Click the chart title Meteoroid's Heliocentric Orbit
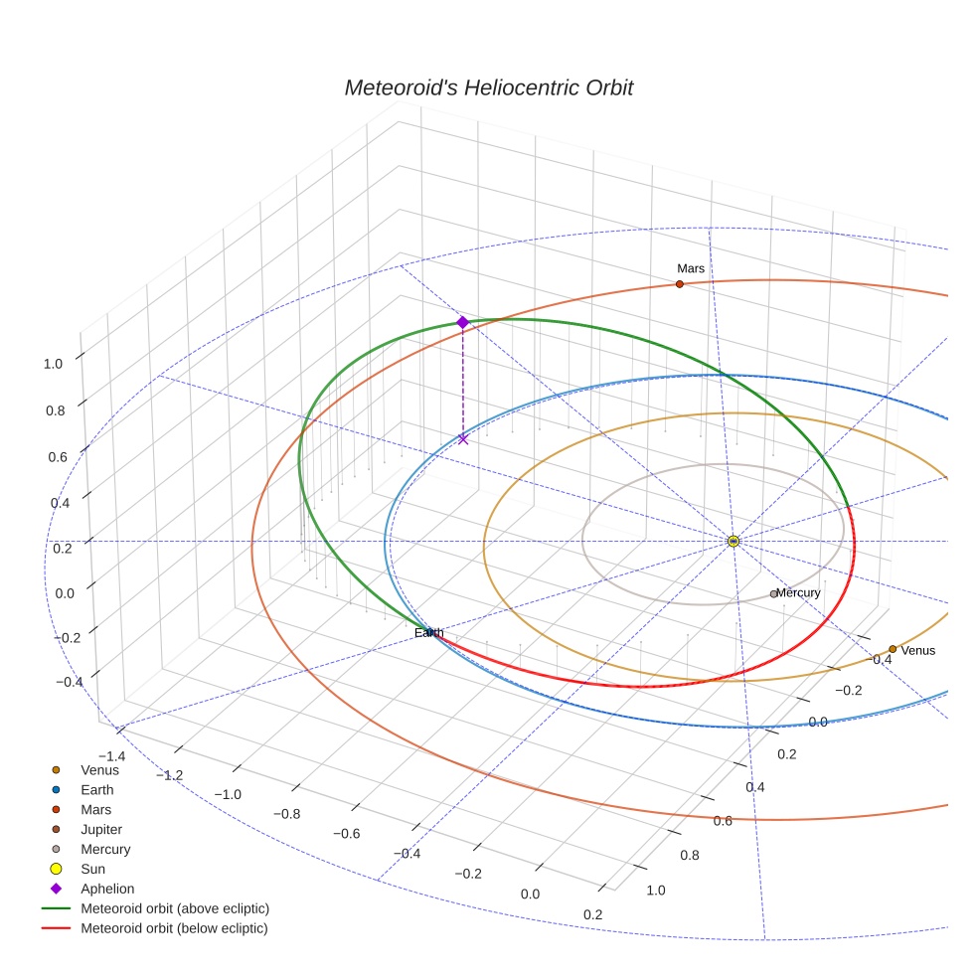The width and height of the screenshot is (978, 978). pyautogui.click(x=488, y=87)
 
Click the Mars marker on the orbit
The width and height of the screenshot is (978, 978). pyautogui.click(x=679, y=284)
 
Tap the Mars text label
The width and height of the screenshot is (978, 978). pyautogui.click(x=690, y=268)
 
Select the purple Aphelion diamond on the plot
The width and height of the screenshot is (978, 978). pyautogui.click(x=462, y=322)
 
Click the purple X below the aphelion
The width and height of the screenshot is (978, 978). pyautogui.click(x=462, y=438)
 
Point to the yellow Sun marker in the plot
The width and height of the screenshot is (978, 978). pyautogui.click(x=733, y=541)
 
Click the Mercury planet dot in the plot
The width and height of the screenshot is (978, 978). pyautogui.click(x=774, y=594)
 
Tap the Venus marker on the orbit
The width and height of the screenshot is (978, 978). pyautogui.click(x=893, y=649)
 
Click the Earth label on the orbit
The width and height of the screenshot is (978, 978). pyautogui.click(x=429, y=632)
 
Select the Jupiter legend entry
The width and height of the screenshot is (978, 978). pyautogui.click(x=101, y=829)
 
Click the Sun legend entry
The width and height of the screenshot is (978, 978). pyautogui.click(x=92, y=869)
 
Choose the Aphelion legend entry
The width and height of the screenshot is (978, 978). pyautogui.click(x=106, y=889)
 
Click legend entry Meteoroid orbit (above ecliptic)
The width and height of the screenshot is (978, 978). pyautogui.click(x=175, y=908)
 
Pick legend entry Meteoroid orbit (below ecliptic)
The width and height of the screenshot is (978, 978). pyautogui.click(x=174, y=928)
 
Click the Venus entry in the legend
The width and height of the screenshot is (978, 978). pyautogui.click(x=99, y=769)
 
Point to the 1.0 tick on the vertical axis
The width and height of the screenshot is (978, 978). pyautogui.click(x=53, y=364)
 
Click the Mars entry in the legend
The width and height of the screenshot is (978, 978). pyautogui.click(x=95, y=809)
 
